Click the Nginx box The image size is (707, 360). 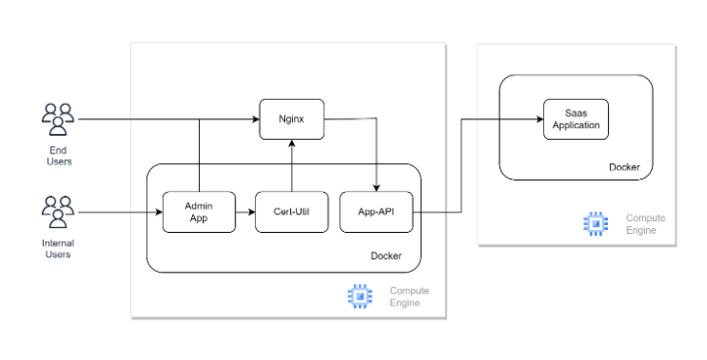292,119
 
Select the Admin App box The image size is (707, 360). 199,213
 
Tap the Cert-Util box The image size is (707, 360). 292,213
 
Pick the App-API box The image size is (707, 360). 376,213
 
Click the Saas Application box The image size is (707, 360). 576,119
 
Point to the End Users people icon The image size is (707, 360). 58,119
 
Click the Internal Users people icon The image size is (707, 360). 58,213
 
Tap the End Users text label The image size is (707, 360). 58,155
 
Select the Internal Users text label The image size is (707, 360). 58,248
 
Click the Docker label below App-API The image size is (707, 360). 386,256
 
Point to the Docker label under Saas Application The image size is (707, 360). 625,167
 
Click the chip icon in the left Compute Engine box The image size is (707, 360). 360,296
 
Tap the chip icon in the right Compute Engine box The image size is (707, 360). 595,224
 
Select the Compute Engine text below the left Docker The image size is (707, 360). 409,296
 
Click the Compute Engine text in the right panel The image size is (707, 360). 645,224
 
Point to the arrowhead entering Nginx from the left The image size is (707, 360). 256,119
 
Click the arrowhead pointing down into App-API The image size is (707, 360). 376,188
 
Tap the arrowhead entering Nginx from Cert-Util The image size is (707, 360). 292,143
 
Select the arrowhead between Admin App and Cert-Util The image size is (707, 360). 251,213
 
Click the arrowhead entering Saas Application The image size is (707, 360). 540,119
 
